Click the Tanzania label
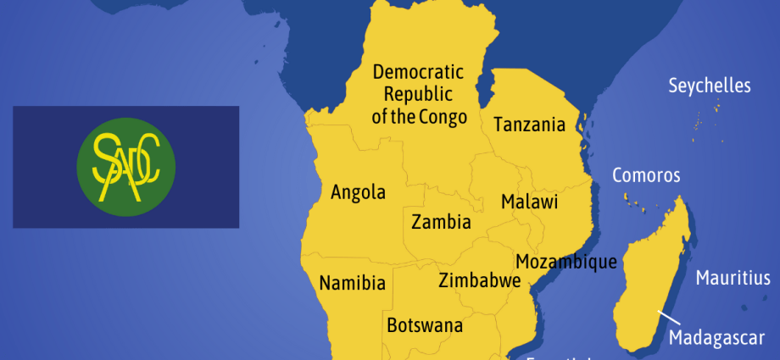(529, 125)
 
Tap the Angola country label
(358, 192)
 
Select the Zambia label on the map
(441, 223)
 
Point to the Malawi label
(529, 202)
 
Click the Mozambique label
(565, 262)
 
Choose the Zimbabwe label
(479, 281)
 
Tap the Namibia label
(353, 283)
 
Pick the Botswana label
(425, 325)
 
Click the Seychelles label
(710, 86)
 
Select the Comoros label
(646, 175)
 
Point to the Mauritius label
(733, 278)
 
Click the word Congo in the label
(443, 117)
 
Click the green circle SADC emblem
(126, 167)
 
